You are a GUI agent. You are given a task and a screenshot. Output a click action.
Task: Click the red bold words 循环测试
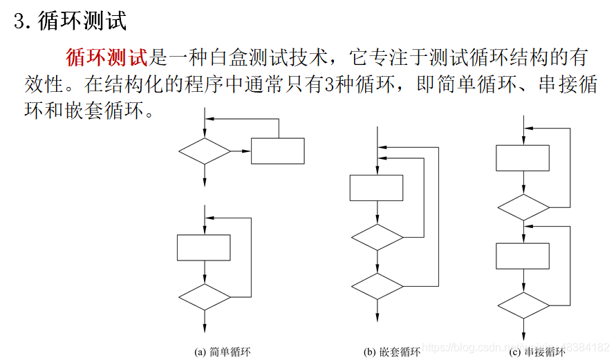pyautogui.click(x=106, y=56)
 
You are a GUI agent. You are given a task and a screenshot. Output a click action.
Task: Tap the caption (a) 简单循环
pyautogui.click(x=223, y=352)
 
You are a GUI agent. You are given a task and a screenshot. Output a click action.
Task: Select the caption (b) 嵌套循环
pyautogui.click(x=392, y=352)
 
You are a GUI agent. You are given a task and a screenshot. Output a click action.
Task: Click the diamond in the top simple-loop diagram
pyautogui.click(x=205, y=151)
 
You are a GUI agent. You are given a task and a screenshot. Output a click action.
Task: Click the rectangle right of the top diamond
pyautogui.click(x=277, y=151)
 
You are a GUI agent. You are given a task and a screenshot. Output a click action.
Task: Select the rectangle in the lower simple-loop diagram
pyautogui.click(x=204, y=247)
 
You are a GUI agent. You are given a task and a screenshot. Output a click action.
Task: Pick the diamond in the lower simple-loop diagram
pyautogui.click(x=205, y=296)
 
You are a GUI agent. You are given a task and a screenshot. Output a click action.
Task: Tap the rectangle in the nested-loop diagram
pyautogui.click(x=377, y=187)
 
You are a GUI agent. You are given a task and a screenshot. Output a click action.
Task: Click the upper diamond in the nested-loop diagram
pyautogui.click(x=377, y=237)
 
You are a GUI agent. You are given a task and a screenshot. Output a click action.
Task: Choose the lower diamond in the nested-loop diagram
pyautogui.click(x=377, y=285)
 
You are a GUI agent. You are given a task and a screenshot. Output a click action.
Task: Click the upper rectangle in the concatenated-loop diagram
pyautogui.click(x=523, y=158)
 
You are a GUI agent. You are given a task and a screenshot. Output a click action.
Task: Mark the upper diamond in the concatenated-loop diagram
pyautogui.click(x=523, y=207)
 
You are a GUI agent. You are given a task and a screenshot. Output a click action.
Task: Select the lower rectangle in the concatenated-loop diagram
pyautogui.click(x=523, y=256)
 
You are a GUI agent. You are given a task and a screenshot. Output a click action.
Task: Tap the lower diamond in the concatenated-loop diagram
pyautogui.click(x=523, y=305)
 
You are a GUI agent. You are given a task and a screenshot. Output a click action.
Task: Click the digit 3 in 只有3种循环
pyautogui.click(x=328, y=84)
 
